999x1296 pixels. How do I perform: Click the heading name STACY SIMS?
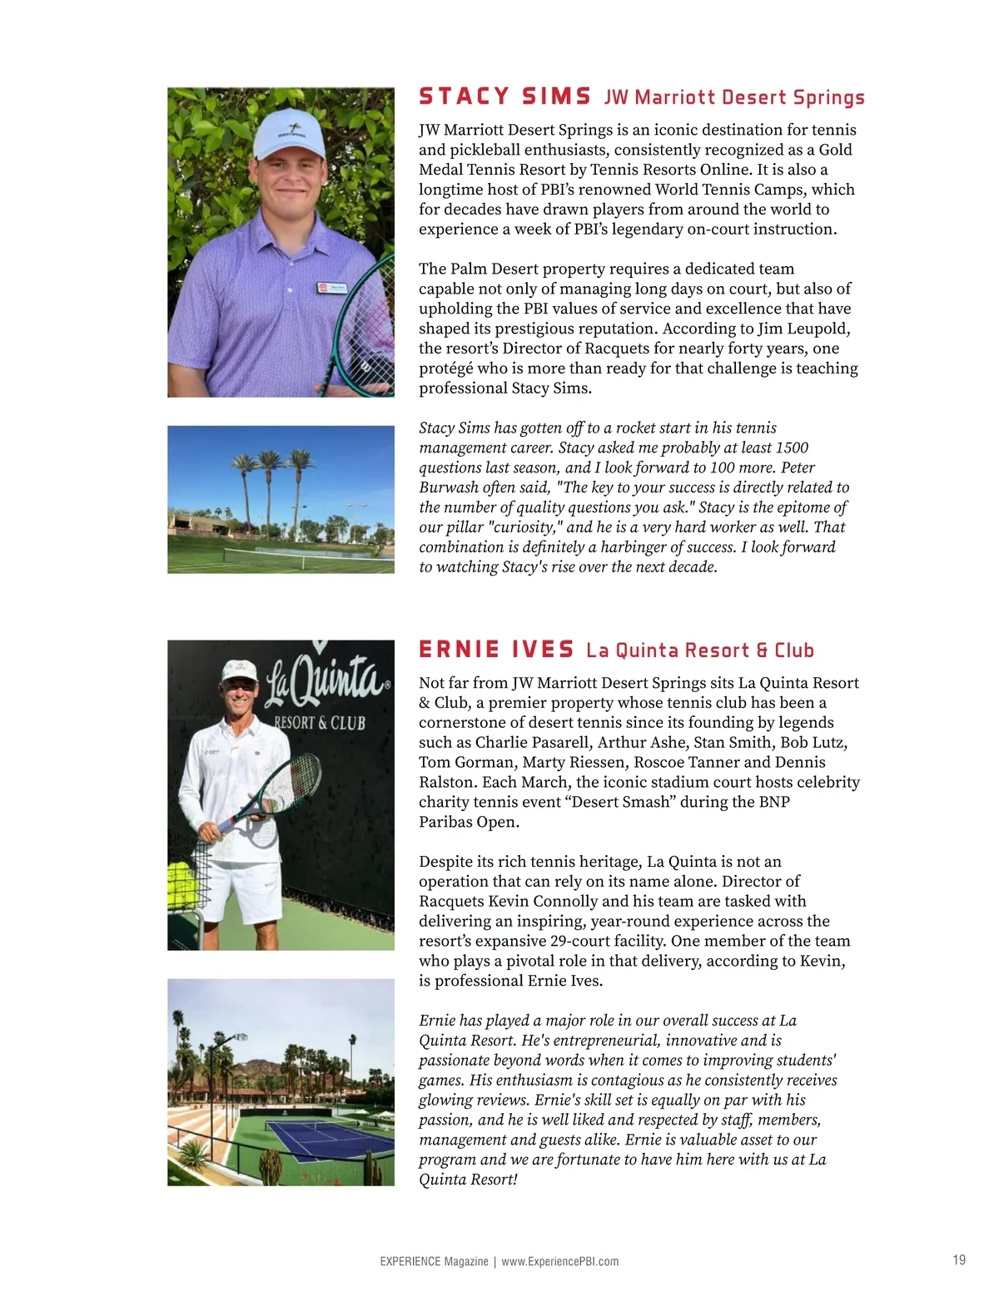click(504, 97)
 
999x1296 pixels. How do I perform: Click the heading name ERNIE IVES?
click(496, 650)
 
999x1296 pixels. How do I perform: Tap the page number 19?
click(959, 1260)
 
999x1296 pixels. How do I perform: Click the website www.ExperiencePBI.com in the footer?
click(559, 1261)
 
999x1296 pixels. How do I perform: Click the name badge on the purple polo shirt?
click(331, 289)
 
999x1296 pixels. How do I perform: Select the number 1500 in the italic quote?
click(792, 448)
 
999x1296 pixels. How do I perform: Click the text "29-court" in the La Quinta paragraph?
click(580, 942)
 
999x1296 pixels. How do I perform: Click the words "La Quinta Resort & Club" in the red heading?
click(699, 650)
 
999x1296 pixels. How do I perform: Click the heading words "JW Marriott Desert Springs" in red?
click(734, 98)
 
